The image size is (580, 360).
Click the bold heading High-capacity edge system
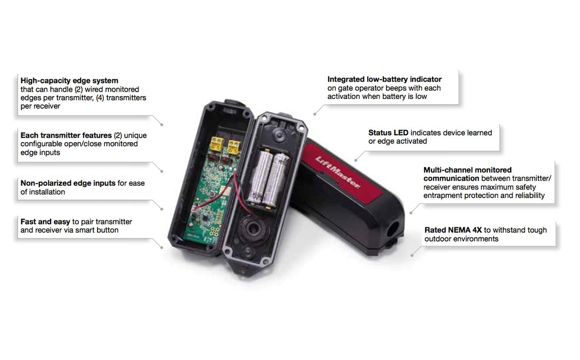(69, 80)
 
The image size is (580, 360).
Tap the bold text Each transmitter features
(66, 135)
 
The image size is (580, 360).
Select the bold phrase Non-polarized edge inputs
(68, 183)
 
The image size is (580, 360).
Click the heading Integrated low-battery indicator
(385, 79)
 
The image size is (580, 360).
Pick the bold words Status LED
(388, 133)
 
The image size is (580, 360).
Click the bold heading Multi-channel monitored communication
(467, 174)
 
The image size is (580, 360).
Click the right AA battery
(279, 179)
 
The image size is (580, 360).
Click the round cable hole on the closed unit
(394, 229)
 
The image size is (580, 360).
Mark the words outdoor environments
(461, 239)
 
